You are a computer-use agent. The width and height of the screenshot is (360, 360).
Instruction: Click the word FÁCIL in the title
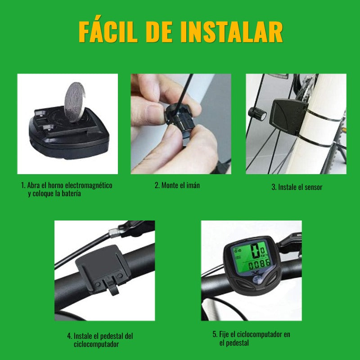(116, 31)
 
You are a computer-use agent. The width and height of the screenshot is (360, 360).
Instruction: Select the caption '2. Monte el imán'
(177, 185)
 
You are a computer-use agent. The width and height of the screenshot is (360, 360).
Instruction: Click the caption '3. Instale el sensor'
(297, 187)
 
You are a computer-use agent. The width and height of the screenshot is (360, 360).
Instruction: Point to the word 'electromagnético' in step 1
(88, 185)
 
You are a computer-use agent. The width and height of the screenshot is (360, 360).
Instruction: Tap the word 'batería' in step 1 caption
(70, 194)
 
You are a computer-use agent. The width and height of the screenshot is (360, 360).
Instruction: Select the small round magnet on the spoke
(257, 114)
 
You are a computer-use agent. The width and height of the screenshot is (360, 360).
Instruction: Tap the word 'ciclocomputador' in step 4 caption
(96, 344)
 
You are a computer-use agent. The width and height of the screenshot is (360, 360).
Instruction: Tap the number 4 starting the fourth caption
(69, 336)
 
